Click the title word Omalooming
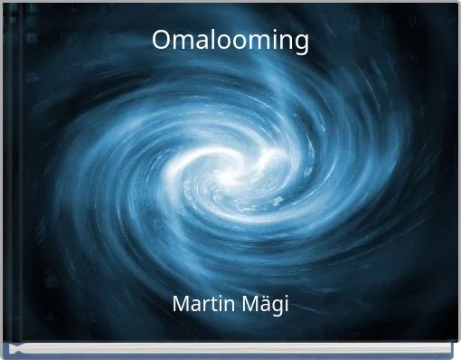coord(230,41)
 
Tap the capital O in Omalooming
coord(161,40)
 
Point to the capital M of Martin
coord(180,305)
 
